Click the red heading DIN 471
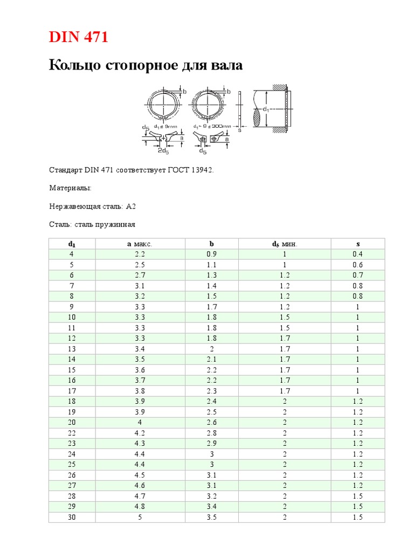[x=79, y=37]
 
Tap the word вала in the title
[x=226, y=66]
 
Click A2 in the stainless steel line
[x=131, y=206]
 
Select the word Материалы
[x=70, y=188]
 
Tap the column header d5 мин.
[x=285, y=244]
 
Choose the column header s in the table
[x=358, y=244]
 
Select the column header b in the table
[x=211, y=244]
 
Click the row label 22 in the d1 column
[x=72, y=433]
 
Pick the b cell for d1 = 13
[x=211, y=349]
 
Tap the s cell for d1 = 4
[x=358, y=254]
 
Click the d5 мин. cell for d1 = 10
[x=285, y=318]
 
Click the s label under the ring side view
[x=239, y=130]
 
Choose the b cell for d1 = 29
[x=211, y=507]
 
